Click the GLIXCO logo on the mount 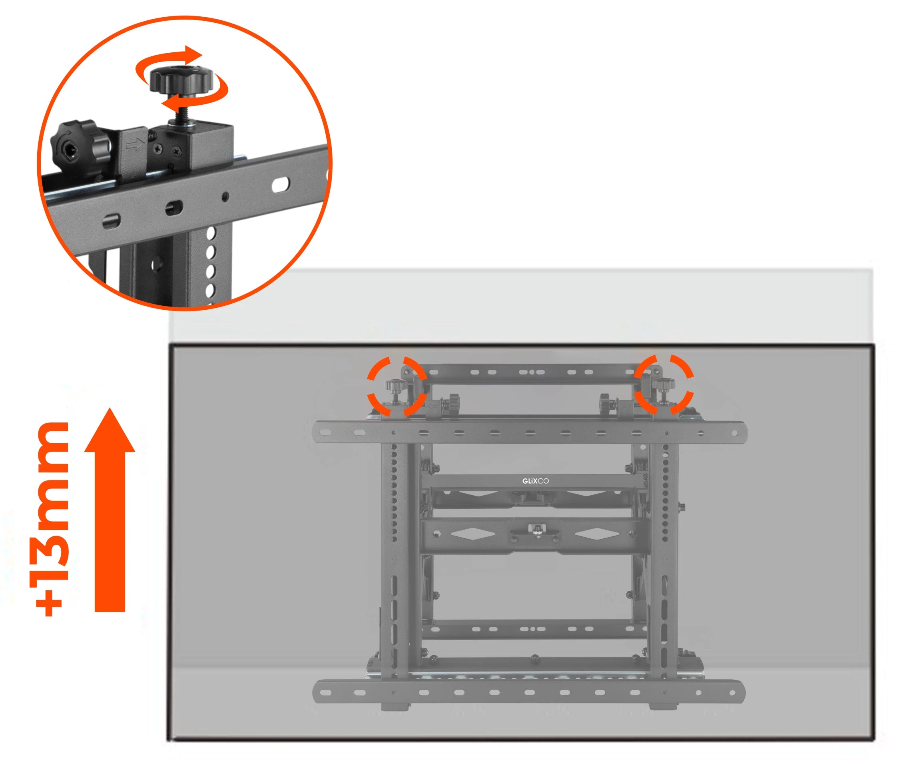(x=535, y=481)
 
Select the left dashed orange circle (x=397, y=386)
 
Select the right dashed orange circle (x=663, y=385)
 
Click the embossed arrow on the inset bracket (x=135, y=145)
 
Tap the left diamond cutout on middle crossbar (x=472, y=534)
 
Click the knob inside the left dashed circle (x=394, y=385)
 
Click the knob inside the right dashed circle (x=663, y=384)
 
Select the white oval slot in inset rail (x=281, y=185)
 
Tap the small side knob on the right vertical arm (x=682, y=506)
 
